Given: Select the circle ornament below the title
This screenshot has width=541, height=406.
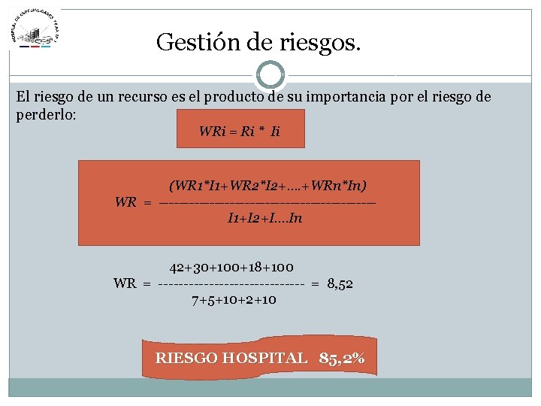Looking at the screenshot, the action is [x=270, y=75].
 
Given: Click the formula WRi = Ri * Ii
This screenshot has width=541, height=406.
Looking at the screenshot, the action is [x=239, y=132].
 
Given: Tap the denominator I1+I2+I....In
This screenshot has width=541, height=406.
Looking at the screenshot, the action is [x=264, y=219].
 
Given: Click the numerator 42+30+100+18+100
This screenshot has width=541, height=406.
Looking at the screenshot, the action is [x=231, y=267].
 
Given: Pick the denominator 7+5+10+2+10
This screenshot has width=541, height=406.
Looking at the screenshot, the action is [x=234, y=299].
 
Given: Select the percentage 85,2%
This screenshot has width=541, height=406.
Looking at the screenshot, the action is [x=342, y=358].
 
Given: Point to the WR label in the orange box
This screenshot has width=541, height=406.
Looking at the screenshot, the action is [x=125, y=201].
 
